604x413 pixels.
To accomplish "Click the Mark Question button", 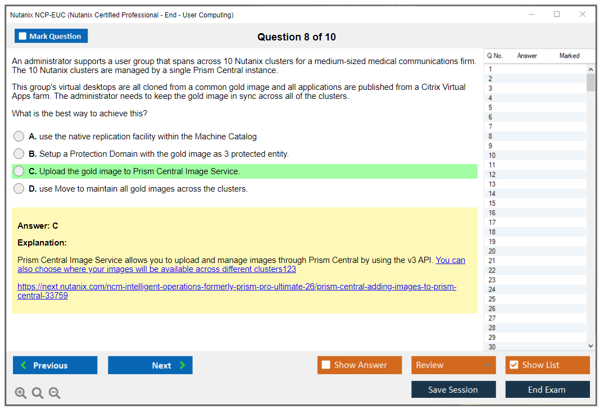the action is [51, 36].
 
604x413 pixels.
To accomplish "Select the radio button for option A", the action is [19, 137].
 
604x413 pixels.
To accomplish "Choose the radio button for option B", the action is [19, 154].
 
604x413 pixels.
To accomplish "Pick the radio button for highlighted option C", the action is [19, 171].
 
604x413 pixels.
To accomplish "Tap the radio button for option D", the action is [19, 188].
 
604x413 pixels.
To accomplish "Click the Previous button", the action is [55, 365].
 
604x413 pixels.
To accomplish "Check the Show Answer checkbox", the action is [326, 365].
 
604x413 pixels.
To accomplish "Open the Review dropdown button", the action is [453, 365].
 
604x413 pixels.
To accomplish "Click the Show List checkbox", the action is [514, 365].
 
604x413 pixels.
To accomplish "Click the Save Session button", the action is [453, 389].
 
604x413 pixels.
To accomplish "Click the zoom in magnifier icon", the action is [21, 393].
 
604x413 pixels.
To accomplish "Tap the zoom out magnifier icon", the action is [55, 393].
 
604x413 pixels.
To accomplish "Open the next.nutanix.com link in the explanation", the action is [237, 291].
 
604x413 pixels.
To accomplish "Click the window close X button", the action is [583, 14].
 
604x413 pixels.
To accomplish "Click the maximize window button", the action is [557, 14].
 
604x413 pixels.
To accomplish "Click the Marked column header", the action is [569, 56].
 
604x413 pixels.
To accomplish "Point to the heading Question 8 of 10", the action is [297, 37].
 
